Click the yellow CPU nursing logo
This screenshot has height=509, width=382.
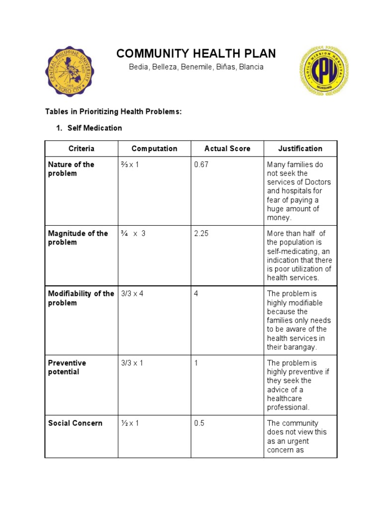(323, 71)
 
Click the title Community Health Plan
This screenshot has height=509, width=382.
(196, 54)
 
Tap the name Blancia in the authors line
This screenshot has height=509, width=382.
(251, 67)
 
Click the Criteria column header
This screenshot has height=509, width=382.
(81, 149)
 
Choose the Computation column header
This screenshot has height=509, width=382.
(154, 149)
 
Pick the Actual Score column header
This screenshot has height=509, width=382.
(227, 149)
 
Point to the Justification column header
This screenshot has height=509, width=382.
(300, 149)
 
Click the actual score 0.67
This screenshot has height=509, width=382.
(201, 165)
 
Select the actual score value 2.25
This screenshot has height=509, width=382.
(201, 234)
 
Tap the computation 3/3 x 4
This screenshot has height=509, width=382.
(132, 294)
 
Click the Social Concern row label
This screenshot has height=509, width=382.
(75, 423)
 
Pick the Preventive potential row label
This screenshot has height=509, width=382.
(67, 367)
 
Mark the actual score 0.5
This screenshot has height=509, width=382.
(199, 423)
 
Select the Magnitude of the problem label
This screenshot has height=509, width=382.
(78, 238)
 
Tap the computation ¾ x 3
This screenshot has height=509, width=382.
(133, 234)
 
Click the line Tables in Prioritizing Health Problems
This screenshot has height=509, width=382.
(114, 112)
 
